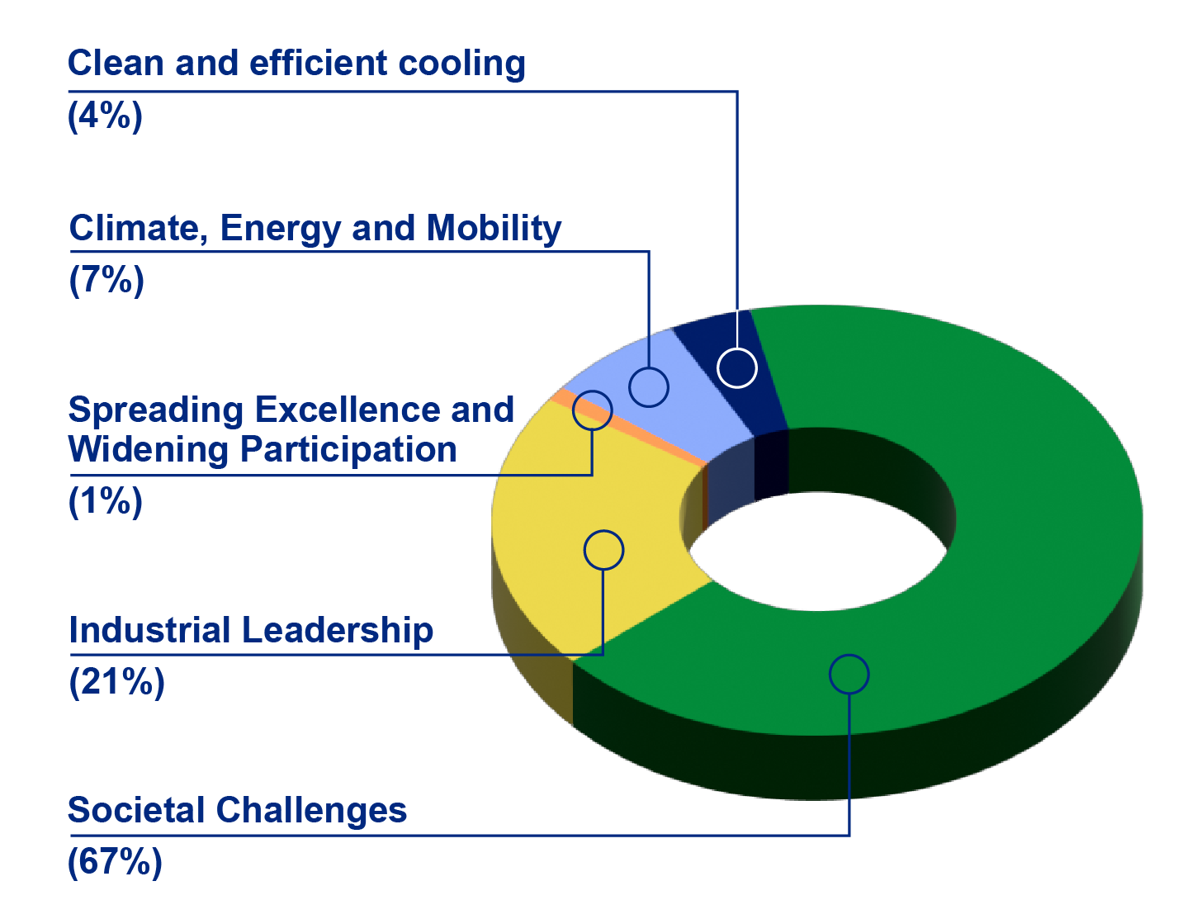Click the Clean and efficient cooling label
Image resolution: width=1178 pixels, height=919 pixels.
296,64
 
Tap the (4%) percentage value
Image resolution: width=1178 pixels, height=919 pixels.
105,116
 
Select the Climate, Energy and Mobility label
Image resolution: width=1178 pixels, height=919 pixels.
315,229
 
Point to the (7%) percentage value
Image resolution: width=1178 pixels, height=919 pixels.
106,280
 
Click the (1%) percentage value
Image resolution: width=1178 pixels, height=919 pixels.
106,501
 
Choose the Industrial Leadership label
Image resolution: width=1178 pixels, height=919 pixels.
251,631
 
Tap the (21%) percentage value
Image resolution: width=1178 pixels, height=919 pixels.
116,682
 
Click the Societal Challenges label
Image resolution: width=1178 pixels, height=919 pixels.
237,810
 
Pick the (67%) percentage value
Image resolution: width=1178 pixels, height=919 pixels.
115,862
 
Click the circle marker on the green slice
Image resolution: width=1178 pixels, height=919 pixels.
849,675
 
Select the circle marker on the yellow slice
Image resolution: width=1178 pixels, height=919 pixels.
603,550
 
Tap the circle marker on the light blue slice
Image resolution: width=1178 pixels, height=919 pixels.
649,386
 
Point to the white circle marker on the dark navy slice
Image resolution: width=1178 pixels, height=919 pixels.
737,367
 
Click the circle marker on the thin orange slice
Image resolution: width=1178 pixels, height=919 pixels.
592,410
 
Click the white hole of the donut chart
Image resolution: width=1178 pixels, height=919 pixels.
817,552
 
